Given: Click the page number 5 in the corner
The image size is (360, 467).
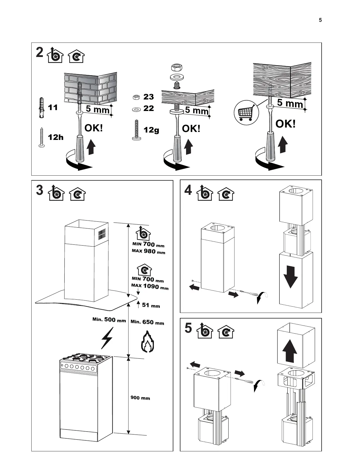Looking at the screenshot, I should click(x=320, y=20).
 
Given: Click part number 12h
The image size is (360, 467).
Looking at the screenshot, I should click(x=56, y=137).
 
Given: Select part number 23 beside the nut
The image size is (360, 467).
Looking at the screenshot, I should click(x=149, y=97).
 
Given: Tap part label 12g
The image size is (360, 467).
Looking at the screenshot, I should click(x=151, y=130).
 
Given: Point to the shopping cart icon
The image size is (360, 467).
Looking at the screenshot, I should click(x=246, y=112).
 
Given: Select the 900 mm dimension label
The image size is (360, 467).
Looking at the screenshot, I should click(x=140, y=398).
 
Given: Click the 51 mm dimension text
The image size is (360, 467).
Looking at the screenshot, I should click(x=151, y=305).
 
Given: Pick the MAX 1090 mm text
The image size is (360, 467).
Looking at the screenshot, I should click(x=150, y=286).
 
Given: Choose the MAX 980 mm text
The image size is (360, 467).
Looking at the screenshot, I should click(x=148, y=252).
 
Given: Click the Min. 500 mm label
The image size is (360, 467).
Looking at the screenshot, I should click(x=109, y=320).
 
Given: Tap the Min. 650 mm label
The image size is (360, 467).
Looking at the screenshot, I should click(x=147, y=322).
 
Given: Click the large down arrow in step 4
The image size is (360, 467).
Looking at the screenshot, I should click(x=290, y=277).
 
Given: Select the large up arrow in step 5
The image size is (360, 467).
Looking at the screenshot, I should click(x=290, y=351).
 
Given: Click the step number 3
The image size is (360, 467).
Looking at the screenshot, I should click(x=40, y=190).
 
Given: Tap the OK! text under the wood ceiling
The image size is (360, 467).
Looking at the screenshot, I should click(x=285, y=124).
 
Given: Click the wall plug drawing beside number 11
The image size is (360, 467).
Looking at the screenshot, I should click(x=42, y=107).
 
